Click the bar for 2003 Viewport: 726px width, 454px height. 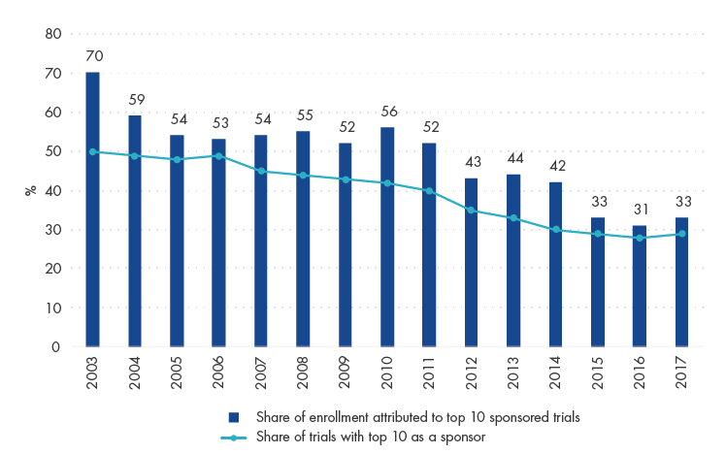(92, 210)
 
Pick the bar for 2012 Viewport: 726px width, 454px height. (472, 262)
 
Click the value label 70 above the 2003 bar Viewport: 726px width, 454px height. (92, 57)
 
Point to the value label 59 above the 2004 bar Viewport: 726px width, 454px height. (135, 100)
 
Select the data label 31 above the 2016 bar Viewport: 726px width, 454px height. (640, 210)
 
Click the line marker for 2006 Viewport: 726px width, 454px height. (218, 155)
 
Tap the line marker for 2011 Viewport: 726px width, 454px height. (429, 190)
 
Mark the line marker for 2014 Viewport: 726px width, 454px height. (556, 230)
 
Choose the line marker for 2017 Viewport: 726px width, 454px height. (682, 234)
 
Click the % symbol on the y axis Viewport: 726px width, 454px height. (30, 190)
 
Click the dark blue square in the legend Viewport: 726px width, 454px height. (234, 417)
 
